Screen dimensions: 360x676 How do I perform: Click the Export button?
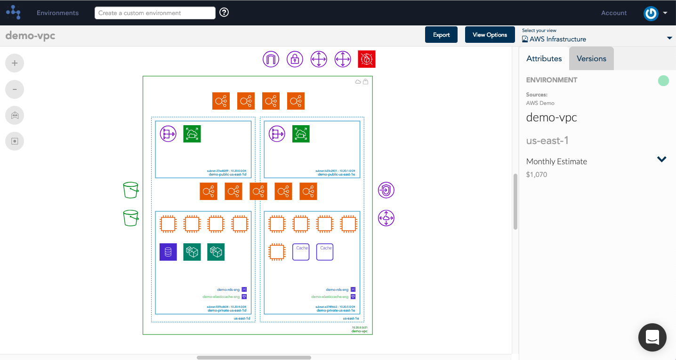point(441,35)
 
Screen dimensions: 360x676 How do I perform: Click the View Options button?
point(490,35)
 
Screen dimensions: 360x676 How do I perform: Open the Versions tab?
point(591,59)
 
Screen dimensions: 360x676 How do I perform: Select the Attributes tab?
point(544,59)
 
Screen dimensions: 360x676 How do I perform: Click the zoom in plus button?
point(15,63)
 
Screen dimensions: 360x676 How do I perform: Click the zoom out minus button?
point(15,89)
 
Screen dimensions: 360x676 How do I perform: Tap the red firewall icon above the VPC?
point(366,59)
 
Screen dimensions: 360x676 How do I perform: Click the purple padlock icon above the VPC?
point(295,59)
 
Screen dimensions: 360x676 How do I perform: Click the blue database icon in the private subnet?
point(168,252)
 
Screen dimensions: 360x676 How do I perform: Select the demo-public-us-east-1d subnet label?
point(227,175)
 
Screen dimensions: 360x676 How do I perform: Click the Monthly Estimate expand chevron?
point(661,160)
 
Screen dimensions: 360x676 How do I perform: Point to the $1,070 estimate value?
point(537,175)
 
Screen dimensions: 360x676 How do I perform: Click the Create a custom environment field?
point(155,13)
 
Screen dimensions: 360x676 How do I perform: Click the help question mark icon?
point(224,13)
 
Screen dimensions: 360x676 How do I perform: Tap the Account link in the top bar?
point(614,13)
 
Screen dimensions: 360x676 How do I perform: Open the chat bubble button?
point(652,337)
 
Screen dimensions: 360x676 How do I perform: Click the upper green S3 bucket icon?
point(131,190)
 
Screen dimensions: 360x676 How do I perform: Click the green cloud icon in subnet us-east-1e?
point(301,134)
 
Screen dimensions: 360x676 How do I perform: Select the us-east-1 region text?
point(547,140)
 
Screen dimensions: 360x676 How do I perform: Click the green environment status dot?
point(663,80)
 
